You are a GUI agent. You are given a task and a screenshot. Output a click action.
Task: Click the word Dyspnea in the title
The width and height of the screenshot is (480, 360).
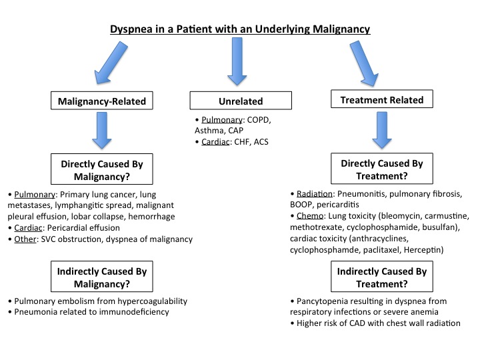(x=131, y=29)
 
